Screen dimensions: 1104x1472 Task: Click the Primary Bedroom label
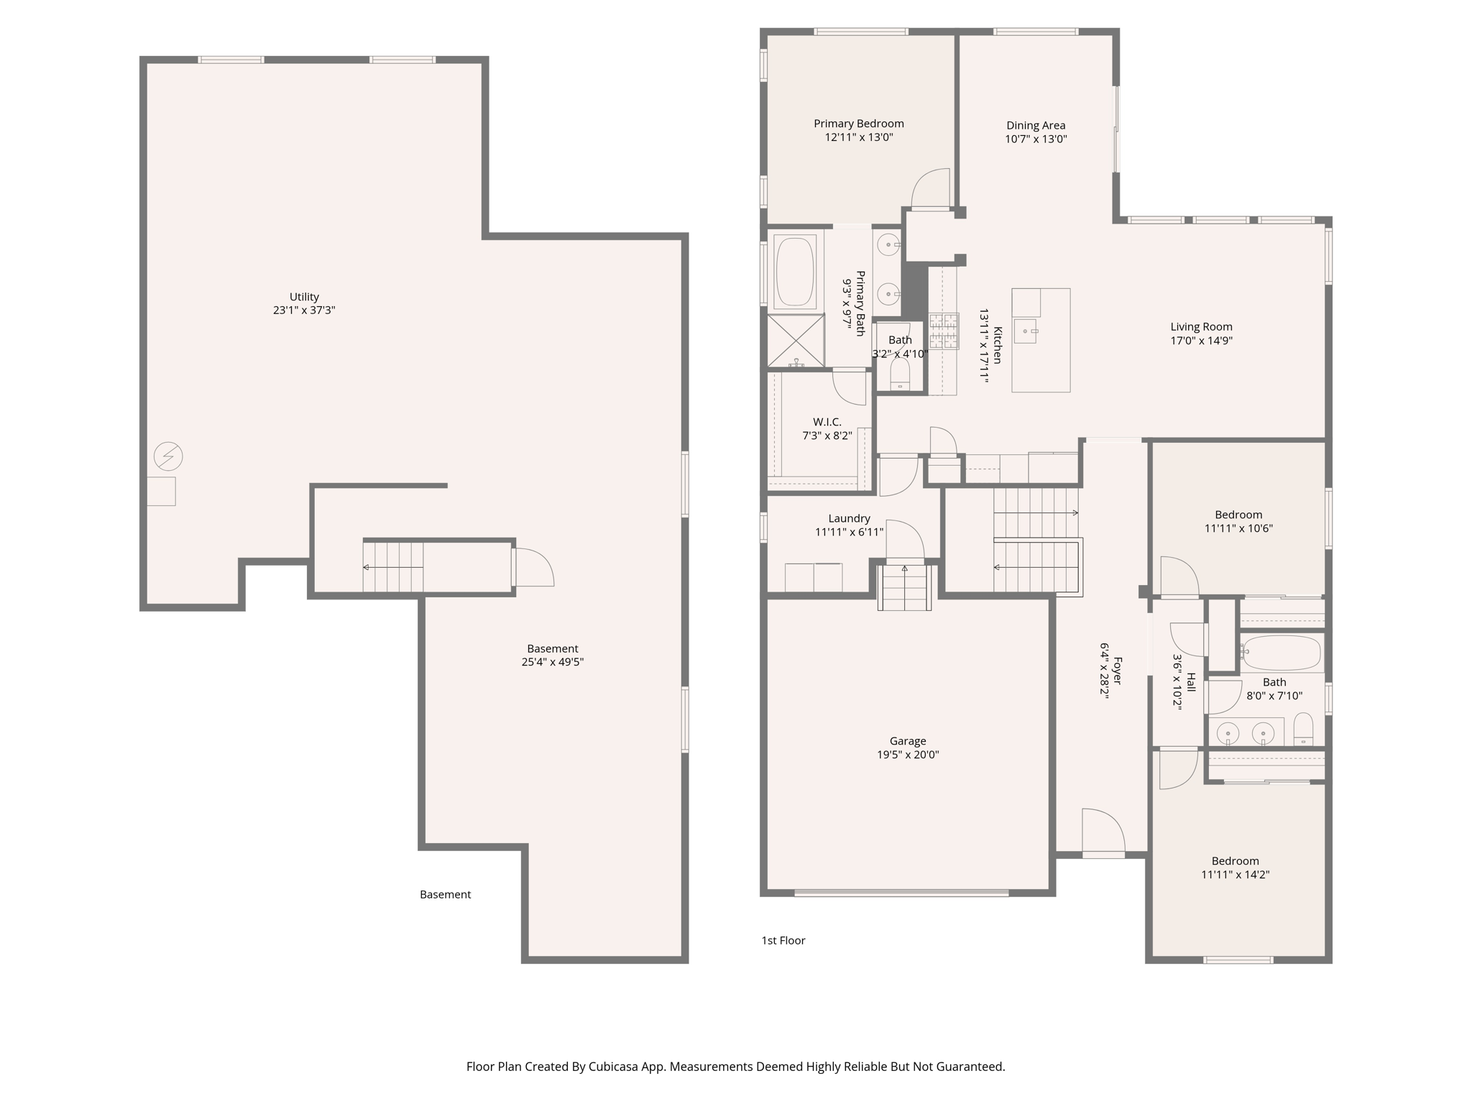tap(858, 124)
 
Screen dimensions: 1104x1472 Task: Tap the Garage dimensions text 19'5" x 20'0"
tap(907, 755)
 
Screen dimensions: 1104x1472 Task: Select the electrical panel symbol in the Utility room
tap(168, 456)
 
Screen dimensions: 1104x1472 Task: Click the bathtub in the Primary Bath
tap(794, 272)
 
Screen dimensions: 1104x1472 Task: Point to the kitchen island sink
tap(1025, 331)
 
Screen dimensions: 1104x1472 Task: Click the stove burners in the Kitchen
tap(943, 331)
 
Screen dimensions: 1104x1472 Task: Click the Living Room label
tap(1201, 327)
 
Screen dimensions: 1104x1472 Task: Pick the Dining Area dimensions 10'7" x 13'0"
tap(1036, 139)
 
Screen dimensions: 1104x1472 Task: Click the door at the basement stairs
tap(533, 567)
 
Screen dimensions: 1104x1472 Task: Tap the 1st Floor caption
tap(783, 940)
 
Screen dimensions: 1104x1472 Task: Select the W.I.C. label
tap(827, 422)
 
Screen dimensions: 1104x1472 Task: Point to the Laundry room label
tap(849, 518)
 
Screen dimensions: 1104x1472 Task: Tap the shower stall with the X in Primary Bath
tap(796, 341)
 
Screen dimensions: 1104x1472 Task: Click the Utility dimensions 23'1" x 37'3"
tap(304, 310)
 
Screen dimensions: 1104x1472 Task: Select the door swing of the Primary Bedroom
tap(931, 188)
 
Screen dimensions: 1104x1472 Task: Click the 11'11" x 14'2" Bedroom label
tap(1235, 861)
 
